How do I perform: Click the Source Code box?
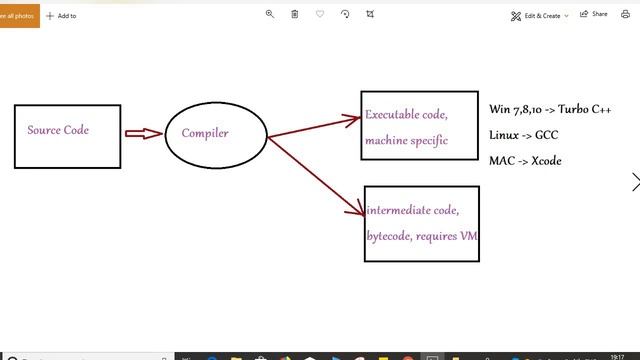pyautogui.click(x=59, y=136)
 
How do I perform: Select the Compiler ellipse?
pyautogui.click(x=216, y=133)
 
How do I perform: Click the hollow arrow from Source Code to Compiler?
pyautogui.click(x=143, y=133)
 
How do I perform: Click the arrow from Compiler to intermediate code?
pyautogui.click(x=318, y=175)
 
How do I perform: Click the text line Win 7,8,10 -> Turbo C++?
pyautogui.click(x=550, y=109)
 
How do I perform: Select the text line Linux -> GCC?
pyautogui.click(x=524, y=134)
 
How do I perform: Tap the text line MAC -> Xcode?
pyautogui.click(x=525, y=160)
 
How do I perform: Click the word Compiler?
pyautogui.click(x=205, y=133)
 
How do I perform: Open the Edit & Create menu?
pyautogui.click(x=540, y=15)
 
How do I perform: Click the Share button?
pyautogui.click(x=594, y=15)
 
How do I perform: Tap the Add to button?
pyautogui.click(x=61, y=15)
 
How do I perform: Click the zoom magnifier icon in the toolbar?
pyautogui.click(x=270, y=14)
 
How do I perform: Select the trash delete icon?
pyautogui.click(x=295, y=14)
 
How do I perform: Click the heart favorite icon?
pyautogui.click(x=320, y=14)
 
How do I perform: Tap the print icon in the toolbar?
pyautogui.click(x=626, y=15)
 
